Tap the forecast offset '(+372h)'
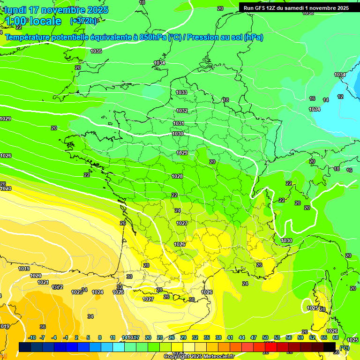[83, 21]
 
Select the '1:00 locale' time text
[33, 21]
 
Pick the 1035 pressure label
[96, 51]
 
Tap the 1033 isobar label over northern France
[181, 92]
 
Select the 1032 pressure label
[182, 111]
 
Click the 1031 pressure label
[178, 123]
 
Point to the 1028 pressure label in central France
[177, 176]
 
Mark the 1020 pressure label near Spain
[36, 276]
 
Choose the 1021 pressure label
[43, 282]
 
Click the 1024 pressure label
[97, 292]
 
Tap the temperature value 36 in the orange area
[43, 327]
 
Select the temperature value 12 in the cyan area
[340, 97]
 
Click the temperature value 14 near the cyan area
[326, 100]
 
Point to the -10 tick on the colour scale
[32, 337]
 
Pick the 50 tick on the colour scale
[265, 337]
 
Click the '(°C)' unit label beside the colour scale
[345, 347]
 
